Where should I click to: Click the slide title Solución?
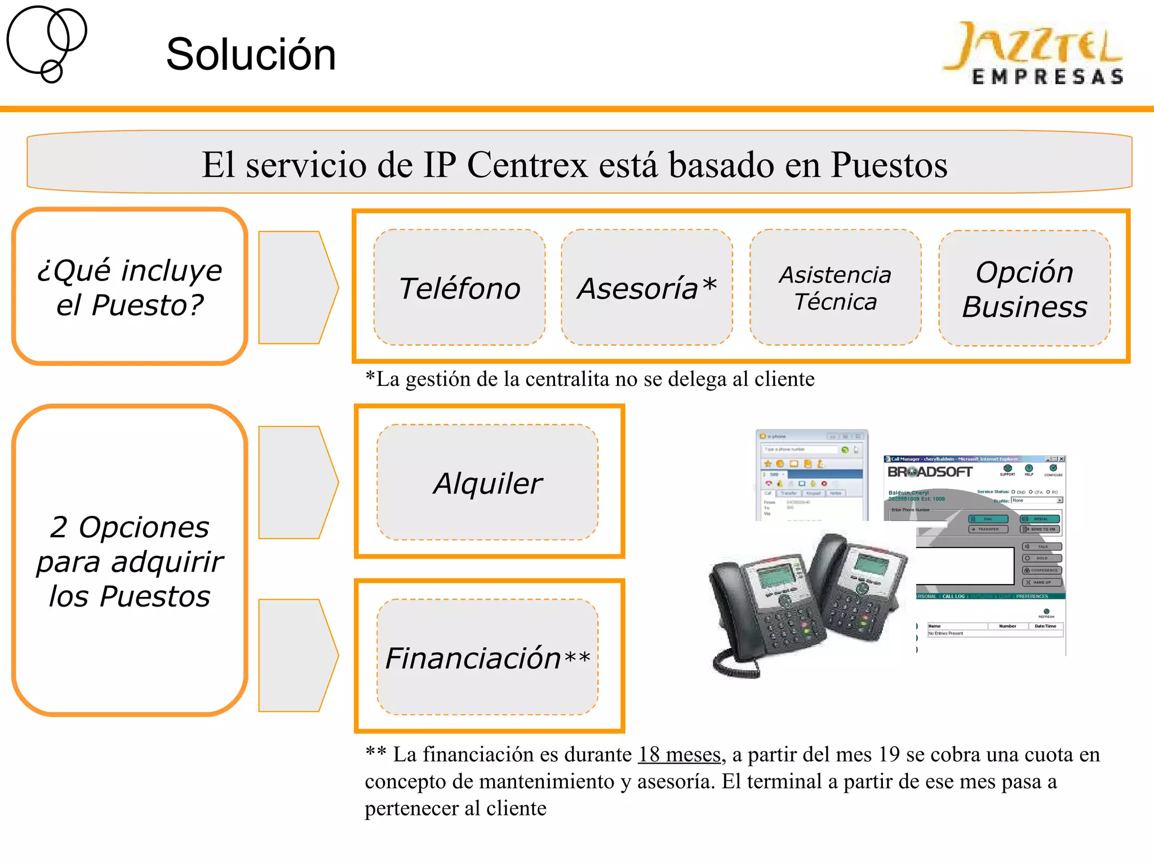tap(251, 55)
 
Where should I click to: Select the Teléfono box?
tap(459, 288)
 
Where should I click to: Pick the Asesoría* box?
tap(647, 288)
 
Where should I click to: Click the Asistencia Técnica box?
tap(835, 288)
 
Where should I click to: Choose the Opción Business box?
tap(1024, 289)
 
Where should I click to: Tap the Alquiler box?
tap(488, 483)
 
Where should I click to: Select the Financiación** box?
tap(488, 657)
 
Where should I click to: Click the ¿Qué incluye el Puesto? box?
tap(130, 287)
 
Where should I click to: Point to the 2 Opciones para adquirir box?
tap(130, 560)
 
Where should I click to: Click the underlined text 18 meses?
tap(679, 755)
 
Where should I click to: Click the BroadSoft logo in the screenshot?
tap(930, 472)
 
